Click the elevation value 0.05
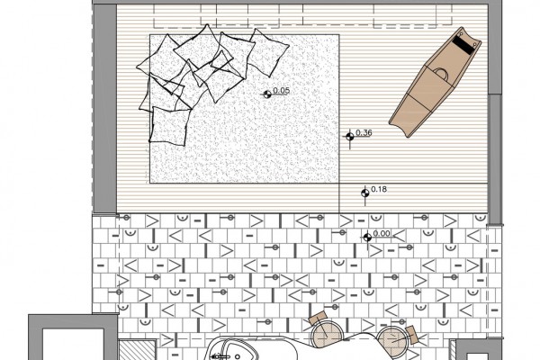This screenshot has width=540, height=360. click(x=281, y=91)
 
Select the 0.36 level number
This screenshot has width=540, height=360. click(x=364, y=132)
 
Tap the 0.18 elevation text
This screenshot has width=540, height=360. click(x=379, y=189)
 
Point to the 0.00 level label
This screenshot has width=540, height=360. click(x=382, y=233)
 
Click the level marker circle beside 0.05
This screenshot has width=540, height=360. click(x=267, y=94)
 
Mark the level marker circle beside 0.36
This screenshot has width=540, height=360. click(x=350, y=137)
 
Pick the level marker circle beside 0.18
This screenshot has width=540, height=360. click(x=365, y=193)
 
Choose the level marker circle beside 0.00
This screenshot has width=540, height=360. click(x=367, y=237)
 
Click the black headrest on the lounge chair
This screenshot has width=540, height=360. click(x=464, y=44)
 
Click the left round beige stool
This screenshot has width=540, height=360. click(x=326, y=335)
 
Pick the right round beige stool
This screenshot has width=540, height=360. click(x=391, y=341)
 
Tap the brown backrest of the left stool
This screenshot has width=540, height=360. click(x=317, y=318)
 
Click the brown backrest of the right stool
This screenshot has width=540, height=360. click(x=411, y=335)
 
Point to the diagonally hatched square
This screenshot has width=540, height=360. click(x=137, y=350)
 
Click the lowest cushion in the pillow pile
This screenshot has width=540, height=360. click(x=170, y=126)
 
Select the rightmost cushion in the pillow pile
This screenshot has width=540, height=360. click(x=268, y=52)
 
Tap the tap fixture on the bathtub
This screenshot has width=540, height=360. click(x=220, y=356)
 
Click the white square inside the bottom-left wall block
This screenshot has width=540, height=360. click(x=73, y=345)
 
